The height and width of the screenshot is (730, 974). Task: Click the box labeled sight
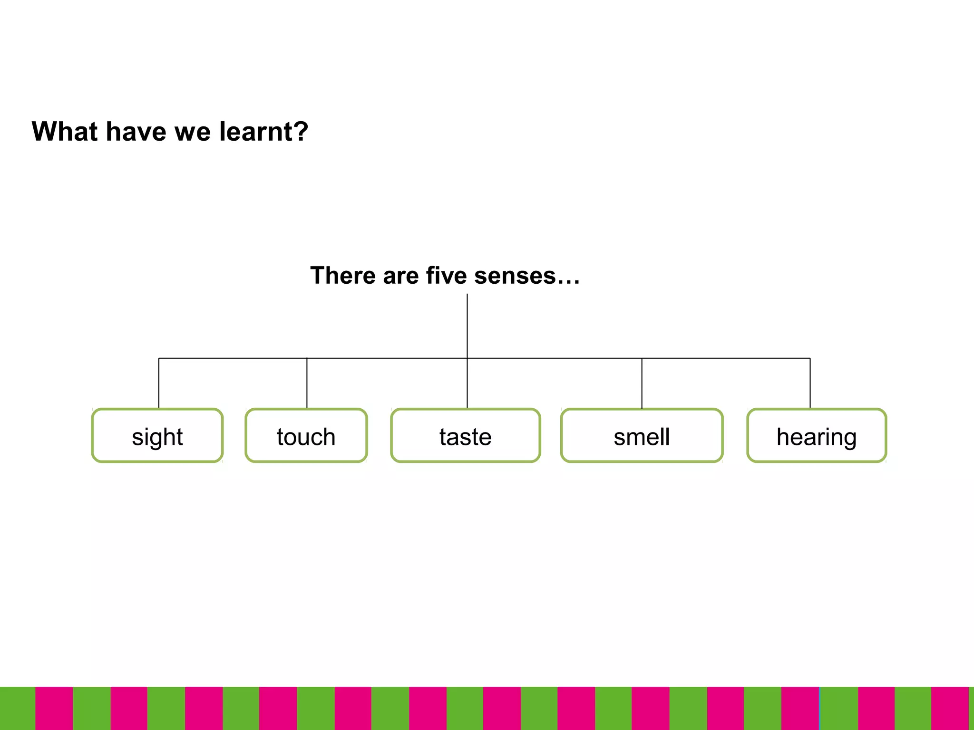(x=157, y=435)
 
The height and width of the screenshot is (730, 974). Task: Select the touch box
(x=306, y=435)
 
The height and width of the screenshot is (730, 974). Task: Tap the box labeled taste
(x=466, y=435)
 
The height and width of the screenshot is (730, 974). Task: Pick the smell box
(x=642, y=435)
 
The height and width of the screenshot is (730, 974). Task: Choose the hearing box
(x=817, y=435)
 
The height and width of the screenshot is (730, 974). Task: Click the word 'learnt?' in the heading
(x=263, y=132)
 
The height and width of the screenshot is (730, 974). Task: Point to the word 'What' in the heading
(x=65, y=132)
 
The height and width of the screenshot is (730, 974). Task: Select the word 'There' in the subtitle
(x=343, y=276)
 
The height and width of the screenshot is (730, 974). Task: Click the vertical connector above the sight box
(x=159, y=383)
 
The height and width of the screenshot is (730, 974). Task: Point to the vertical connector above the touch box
(x=307, y=383)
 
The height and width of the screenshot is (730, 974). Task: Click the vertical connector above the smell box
(x=642, y=383)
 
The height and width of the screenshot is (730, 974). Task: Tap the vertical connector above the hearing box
(x=810, y=383)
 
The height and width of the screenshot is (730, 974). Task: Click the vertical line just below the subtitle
(x=467, y=326)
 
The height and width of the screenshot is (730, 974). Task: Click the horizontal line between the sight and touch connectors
(x=233, y=358)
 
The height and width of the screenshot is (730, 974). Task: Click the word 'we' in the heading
(x=193, y=132)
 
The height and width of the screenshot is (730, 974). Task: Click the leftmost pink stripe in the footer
(x=54, y=708)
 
